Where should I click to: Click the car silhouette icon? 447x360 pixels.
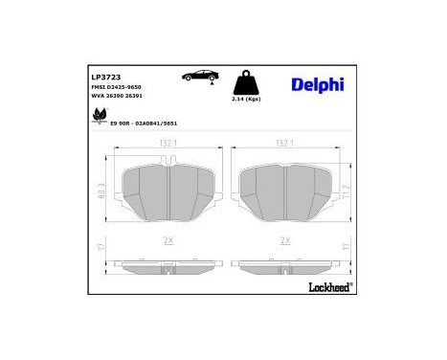pos(200,75)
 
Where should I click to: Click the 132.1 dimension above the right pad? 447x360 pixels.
pos(282,144)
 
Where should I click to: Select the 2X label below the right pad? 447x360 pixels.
pos(282,241)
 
